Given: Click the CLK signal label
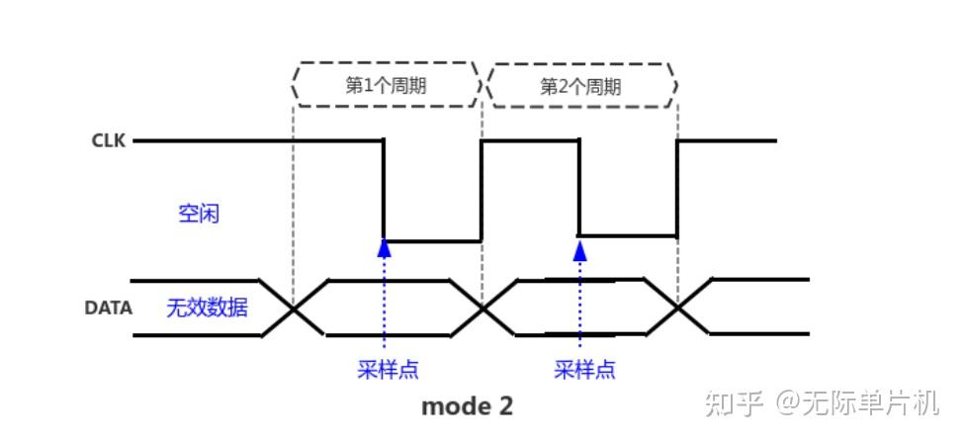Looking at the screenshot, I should (x=109, y=140).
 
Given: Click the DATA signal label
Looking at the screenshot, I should (x=108, y=308).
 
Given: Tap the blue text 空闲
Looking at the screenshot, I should (x=199, y=213).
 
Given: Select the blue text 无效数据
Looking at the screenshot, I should (x=207, y=308).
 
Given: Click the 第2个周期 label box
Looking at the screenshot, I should (x=581, y=86).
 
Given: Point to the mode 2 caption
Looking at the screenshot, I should (x=468, y=405).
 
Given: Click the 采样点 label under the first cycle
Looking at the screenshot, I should (x=387, y=370).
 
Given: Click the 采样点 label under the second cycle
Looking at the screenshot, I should (x=583, y=370).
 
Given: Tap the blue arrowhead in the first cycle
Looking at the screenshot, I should (x=384, y=248).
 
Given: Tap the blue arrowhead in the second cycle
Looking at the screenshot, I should (x=580, y=248).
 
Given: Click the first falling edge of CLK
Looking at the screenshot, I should (x=384, y=190).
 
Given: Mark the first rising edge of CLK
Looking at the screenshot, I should (x=482, y=190).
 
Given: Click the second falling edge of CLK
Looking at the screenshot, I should (x=579, y=188).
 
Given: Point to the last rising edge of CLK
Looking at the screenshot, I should (x=677, y=188).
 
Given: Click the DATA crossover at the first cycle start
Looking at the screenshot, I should (x=294, y=309).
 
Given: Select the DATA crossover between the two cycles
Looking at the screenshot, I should (x=483, y=309).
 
